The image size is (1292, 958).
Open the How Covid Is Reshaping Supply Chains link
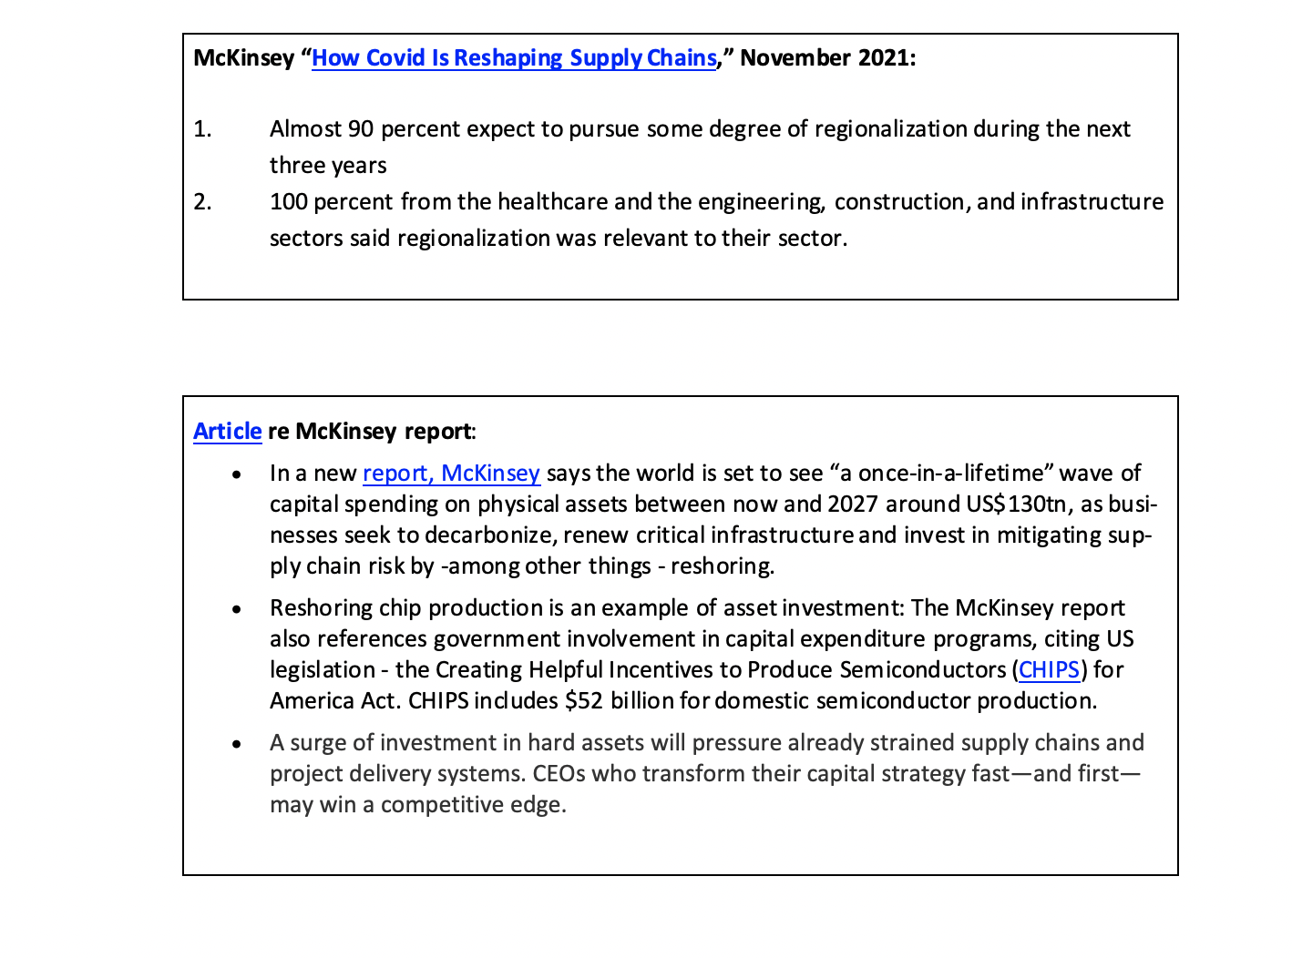point(514,58)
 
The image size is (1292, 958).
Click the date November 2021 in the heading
point(826,58)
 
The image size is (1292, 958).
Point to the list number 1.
point(202,129)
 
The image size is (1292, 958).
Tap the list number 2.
point(202,202)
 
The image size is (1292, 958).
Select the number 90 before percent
point(361,129)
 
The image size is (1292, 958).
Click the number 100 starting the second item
point(288,202)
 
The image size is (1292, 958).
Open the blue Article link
point(227,432)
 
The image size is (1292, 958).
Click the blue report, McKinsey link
point(451,474)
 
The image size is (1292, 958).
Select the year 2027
point(853,504)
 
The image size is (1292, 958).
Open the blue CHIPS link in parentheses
point(1049,670)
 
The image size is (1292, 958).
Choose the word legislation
point(323,670)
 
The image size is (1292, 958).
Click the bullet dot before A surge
point(237,744)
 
